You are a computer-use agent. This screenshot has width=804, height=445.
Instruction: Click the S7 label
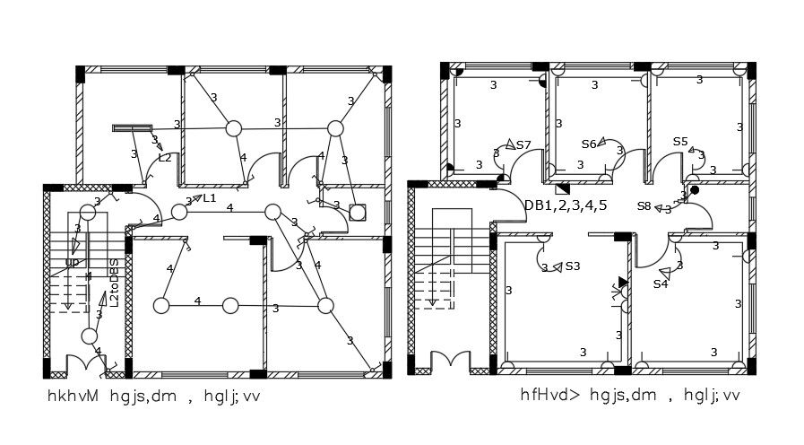tap(523, 144)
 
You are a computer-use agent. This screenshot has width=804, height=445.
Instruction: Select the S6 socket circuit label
tap(589, 144)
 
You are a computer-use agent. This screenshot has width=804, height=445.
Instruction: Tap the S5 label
tap(680, 142)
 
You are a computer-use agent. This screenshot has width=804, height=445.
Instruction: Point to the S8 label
tap(644, 206)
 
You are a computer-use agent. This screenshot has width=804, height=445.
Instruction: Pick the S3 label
tap(572, 266)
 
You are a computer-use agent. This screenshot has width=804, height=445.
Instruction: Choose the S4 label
tap(661, 284)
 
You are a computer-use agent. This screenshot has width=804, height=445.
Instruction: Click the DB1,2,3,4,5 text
tap(566, 205)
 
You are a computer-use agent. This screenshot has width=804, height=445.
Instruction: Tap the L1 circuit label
tap(210, 197)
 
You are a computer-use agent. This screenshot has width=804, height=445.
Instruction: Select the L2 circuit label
tap(165, 158)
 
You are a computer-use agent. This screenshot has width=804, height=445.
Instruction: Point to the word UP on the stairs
tap(72, 263)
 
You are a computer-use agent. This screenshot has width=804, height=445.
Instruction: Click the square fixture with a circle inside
tap(358, 213)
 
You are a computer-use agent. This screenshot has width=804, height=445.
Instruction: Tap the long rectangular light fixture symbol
tap(132, 128)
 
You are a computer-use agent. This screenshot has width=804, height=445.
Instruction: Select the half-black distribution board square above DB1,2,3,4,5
tap(563, 188)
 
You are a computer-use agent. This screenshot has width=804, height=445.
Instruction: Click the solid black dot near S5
tap(695, 189)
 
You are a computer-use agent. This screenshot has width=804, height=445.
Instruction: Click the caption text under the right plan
tap(630, 395)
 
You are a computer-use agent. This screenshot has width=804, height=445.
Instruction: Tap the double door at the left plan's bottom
tap(88, 364)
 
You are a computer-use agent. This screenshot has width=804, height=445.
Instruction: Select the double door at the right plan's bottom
tap(450, 363)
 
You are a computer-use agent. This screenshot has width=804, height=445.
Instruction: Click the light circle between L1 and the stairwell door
tap(179, 212)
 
